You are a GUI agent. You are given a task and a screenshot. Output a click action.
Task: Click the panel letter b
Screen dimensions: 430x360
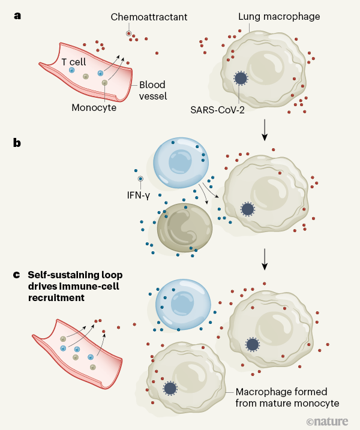click(x=18, y=144)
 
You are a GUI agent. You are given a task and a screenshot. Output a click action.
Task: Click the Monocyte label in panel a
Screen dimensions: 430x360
click(x=94, y=108)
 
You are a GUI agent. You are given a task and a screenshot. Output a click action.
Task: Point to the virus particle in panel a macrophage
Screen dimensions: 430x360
click(x=241, y=78)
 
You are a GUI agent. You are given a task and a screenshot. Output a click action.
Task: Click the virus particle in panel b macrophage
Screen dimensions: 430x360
click(x=246, y=209)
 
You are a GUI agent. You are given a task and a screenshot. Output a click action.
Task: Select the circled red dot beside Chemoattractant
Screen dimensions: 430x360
click(x=128, y=32)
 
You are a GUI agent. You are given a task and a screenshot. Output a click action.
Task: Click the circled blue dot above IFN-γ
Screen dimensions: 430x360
click(x=140, y=179)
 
